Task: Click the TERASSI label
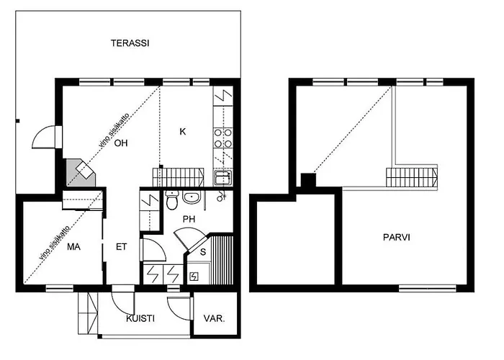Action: [x=130, y=43]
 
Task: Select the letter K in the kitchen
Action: [x=183, y=131]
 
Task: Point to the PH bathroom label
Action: [x=189, y=220]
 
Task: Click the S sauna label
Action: [x=204, y=252]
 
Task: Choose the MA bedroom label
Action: [x=73, y=247]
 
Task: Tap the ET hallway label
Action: [x=122, y=247]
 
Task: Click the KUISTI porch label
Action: [x=140, y=318]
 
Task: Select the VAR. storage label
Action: [x=214, y=318]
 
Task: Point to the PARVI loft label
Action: [x=396, y=237]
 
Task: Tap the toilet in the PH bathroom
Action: [x=171, y=199]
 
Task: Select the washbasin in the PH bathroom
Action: [x=192, y=198]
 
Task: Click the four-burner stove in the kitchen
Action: [x=222, y=138]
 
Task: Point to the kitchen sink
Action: [x=222, y=176]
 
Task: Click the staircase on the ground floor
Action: [x=179, y=177]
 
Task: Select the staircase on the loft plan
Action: [x=412, y=177]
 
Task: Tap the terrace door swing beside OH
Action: [x=48, y=138]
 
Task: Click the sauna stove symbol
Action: [x=194, y=276]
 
